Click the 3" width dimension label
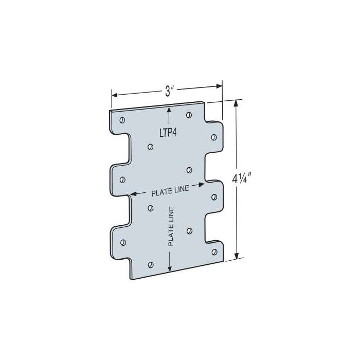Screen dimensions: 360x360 pos(168,91)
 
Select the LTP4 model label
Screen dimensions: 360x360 pos(168,132)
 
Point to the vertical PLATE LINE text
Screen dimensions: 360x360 pos(171,227)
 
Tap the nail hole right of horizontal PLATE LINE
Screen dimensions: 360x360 pos(214,195)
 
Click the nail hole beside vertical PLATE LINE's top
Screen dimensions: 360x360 pos(150,208)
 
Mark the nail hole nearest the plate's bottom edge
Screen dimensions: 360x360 pos(150,265)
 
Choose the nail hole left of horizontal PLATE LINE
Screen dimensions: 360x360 pos(122,179)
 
